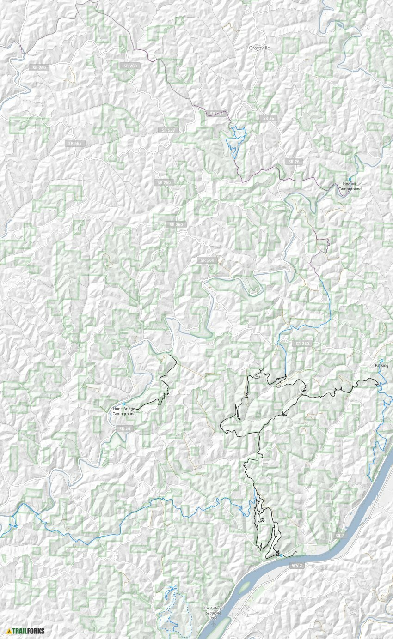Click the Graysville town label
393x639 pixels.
[x=259, y=48]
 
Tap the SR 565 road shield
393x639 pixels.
[x=74, y=143]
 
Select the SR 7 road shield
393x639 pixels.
[x=340, y=535]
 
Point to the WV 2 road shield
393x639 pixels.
[x=296, y=565]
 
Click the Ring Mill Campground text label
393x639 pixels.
[x=350, y=186]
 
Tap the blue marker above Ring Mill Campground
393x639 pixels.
[x=350, y=179]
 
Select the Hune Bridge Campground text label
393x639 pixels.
[x=124, y=411]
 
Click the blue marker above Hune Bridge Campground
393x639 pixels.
[x=124, y=404]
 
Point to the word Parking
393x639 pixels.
[x=381, y=365]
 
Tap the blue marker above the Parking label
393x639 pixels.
[x=381, y=360]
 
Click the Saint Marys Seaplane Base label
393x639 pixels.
[x=213, y=613]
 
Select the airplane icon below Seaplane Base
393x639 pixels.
[x=213, y=625]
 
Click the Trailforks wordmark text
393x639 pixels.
[x=29, y=631]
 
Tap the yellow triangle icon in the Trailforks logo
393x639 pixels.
[x=9, y=631]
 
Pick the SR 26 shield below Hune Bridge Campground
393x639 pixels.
[x=124, y=429]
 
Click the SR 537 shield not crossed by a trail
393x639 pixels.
[x=168, y=130]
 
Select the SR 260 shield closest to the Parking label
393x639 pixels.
[x=301, y=344]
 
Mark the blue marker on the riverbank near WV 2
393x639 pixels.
[x=281, y=555]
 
